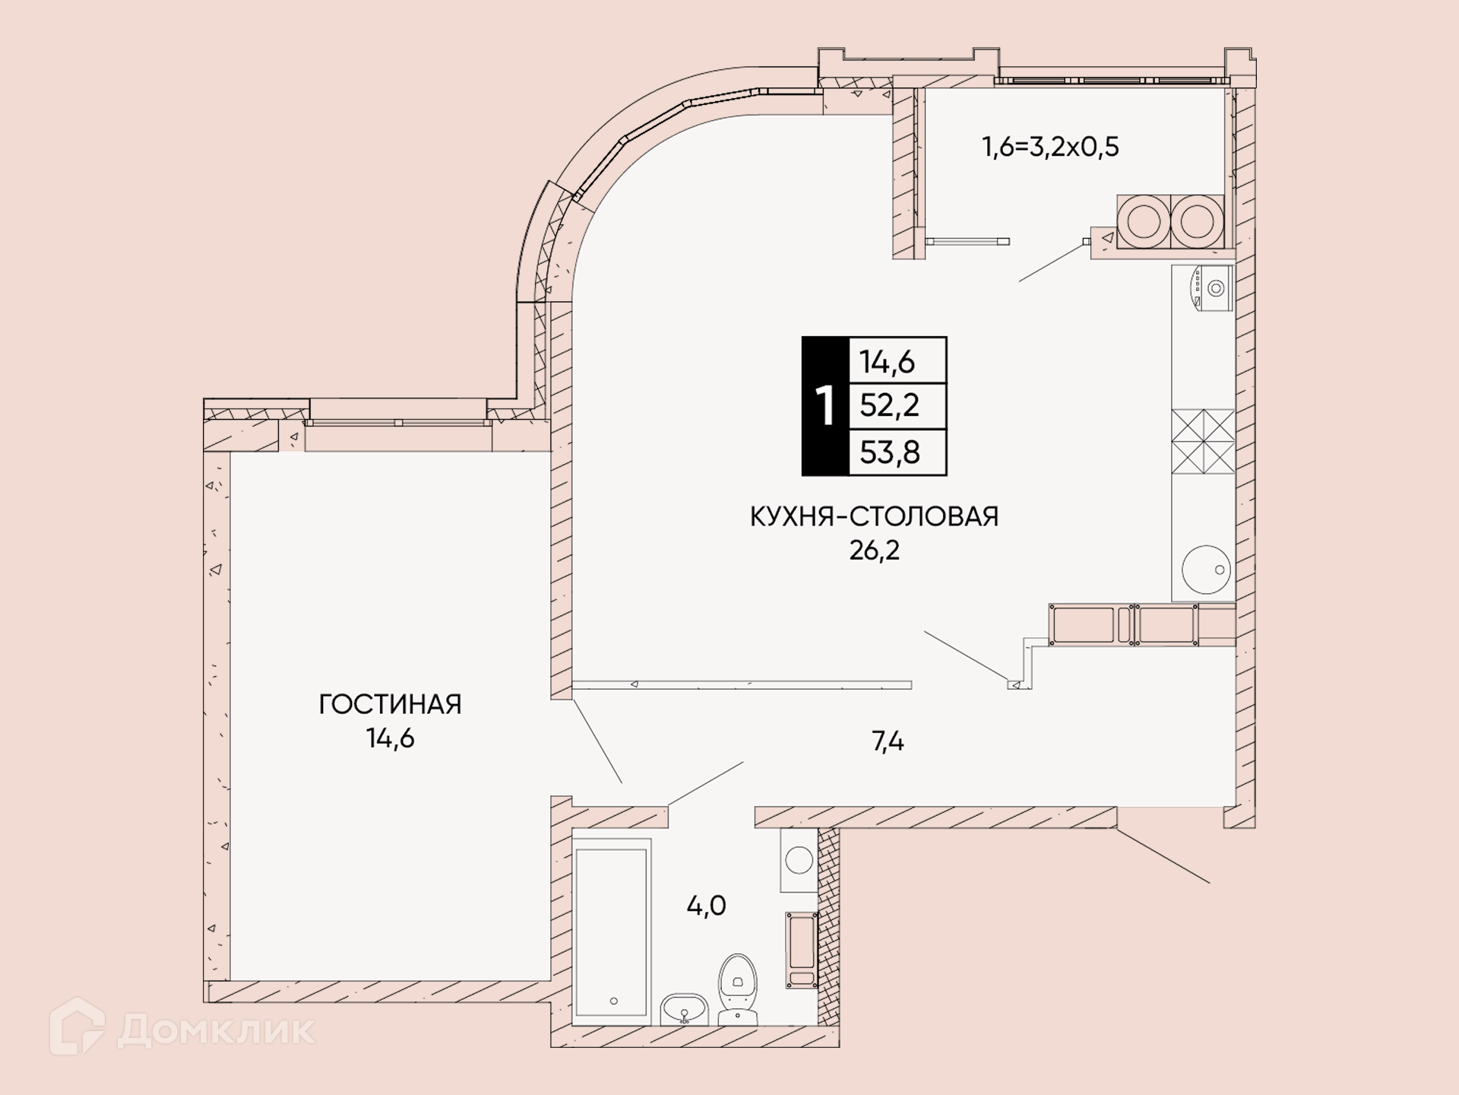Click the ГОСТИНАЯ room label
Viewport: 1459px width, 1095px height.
click(390, 704)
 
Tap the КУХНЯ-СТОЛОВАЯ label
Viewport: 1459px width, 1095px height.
click(874, 516)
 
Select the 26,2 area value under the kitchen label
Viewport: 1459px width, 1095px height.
click(874, 550)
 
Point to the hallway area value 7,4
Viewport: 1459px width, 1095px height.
click(888, 741)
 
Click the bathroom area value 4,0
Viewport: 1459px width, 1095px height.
click(707, 906)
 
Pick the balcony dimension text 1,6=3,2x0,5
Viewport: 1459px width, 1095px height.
click(1050, 146)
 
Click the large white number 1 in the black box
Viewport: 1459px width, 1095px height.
click(825, 406)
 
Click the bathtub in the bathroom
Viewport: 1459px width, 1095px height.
click(612, 932)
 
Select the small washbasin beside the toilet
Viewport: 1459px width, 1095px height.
click(684, 1010)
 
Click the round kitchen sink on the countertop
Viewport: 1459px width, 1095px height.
click(1206, 570)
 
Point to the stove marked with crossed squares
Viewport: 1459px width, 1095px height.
click(1203, 441)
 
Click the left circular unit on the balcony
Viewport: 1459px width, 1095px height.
click(1144, 221)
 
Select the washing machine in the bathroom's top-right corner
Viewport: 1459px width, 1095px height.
click(799, 860)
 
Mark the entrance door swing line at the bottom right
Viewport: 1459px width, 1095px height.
click(1163, 855)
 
